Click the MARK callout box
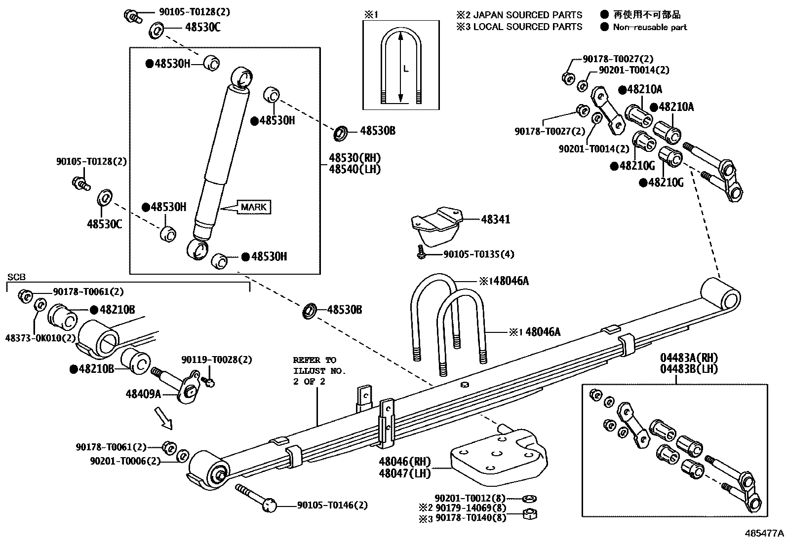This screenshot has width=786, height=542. (254, 207)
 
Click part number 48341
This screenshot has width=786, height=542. (495, 219)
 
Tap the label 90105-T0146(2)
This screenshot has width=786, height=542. (332, 505)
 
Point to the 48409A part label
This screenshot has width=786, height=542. (143, 394)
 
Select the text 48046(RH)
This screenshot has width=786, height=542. (405, 462)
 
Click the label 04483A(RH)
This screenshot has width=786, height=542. (689, 358)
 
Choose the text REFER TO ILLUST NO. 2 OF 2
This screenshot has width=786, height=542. (318, 370)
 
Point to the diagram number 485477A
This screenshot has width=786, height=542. (764, 533)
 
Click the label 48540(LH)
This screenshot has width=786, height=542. (355, 169)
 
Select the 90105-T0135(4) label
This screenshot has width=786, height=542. (478, 254)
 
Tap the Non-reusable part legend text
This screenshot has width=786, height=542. (650, 27)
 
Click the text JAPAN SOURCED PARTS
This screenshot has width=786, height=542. (528, 15)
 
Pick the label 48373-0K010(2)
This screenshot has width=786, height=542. (40, 338)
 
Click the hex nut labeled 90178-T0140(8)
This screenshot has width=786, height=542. (529, 515)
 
